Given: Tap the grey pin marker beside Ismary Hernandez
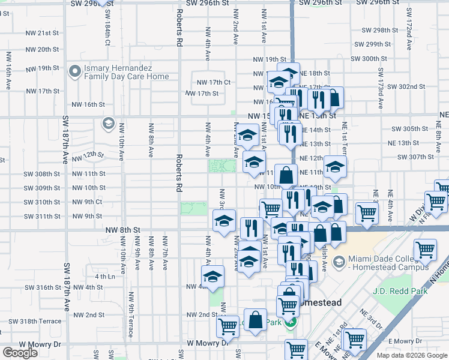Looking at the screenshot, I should point(76,72).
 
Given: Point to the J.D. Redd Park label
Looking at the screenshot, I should point(399,292).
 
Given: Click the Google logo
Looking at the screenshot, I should point(20,353).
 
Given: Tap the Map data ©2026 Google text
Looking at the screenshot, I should point(412,355).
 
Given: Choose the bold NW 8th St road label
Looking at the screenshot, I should point(120,230).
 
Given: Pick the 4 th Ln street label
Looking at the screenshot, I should point(104,277).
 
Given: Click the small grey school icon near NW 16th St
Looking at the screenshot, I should point(108,124).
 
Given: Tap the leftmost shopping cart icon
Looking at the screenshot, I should point(228,326).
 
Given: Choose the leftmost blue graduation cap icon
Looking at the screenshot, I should point(212,278).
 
